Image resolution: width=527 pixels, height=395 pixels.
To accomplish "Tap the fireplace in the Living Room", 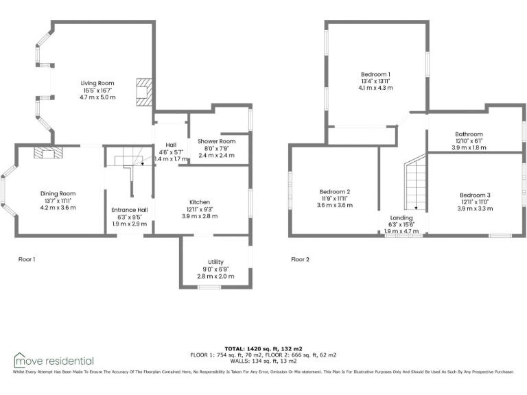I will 143,92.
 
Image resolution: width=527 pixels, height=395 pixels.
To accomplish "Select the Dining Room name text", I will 58,193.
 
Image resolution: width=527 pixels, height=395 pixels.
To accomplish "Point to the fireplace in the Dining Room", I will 47,152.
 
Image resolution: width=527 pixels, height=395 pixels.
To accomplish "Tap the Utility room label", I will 215,262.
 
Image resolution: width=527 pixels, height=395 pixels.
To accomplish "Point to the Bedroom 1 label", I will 375,74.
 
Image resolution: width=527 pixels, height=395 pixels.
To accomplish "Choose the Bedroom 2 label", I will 335,191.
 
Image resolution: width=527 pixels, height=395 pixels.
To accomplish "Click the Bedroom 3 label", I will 475,195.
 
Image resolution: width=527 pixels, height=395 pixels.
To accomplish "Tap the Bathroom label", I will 469,134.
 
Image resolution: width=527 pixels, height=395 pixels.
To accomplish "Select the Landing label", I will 401,217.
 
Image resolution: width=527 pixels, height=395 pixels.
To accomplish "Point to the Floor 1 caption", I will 26,259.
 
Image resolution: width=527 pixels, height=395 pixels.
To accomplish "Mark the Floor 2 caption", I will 300,259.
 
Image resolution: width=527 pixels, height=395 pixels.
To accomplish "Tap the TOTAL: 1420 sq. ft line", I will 263,348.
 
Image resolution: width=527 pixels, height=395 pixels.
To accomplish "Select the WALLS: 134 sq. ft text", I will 263,361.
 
